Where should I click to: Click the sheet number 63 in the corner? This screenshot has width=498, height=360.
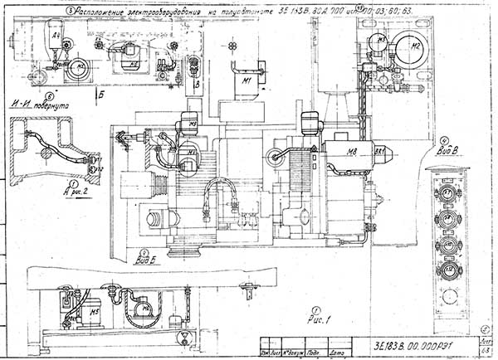click(x=486, y=353)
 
